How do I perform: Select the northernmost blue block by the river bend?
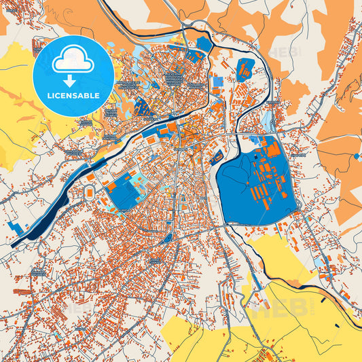coord(204,44)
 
